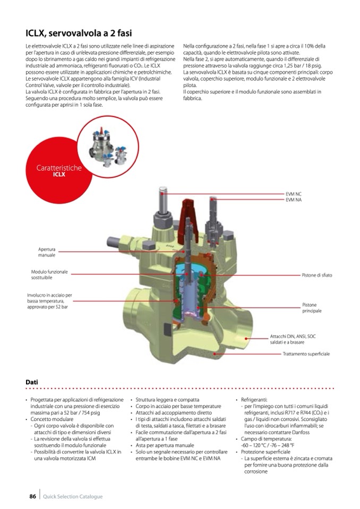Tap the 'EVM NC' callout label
pos(294,195)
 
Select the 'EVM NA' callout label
pos(294,200)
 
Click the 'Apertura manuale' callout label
pos(46,252)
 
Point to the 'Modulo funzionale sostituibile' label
pos(49,275)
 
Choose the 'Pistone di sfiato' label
pos(317,275)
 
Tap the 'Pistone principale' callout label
pos(313,308)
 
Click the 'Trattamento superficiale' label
pos(306,353)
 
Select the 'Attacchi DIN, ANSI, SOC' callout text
pos(293,337)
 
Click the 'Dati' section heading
pos(32,382)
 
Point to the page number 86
pos(32,497)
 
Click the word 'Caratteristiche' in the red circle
pos(59,168)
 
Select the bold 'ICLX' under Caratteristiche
pos(58,174)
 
